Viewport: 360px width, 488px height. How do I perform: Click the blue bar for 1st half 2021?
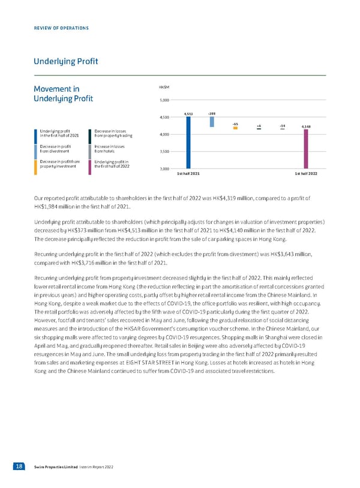[188, 143]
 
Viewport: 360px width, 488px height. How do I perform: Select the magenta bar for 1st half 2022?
[306, 149]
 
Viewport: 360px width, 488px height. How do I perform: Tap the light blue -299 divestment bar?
[212, 122]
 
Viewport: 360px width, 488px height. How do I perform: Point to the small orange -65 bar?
[235, 128]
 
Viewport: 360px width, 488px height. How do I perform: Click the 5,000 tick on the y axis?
[164, 100]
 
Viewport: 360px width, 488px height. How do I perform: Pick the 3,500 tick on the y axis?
[164, 152]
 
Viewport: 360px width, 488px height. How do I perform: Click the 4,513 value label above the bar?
[188, 113]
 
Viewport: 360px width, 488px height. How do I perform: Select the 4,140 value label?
[306, 126]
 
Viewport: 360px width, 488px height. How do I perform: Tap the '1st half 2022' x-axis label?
[306, 173]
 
